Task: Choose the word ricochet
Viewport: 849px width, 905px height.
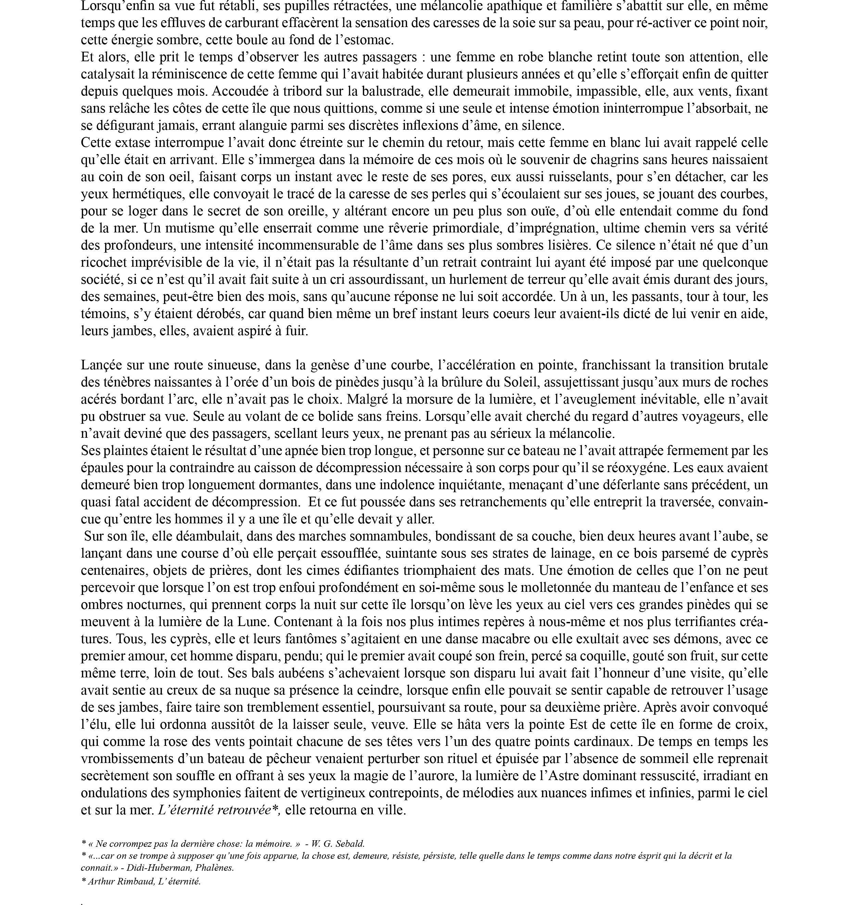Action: [104, 262]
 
